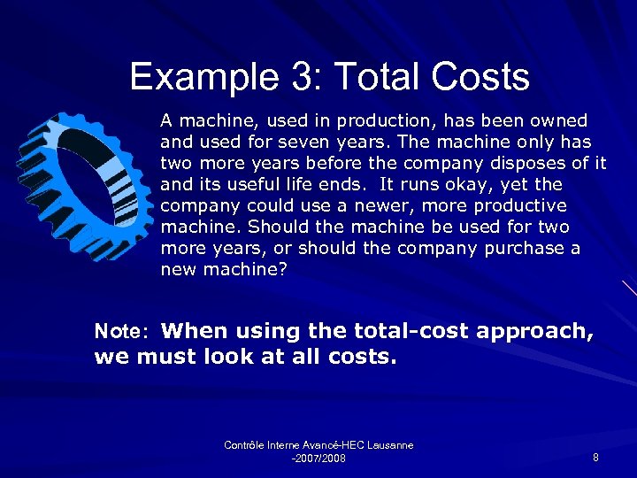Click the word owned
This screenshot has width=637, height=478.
point(559,120)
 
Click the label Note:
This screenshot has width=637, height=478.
point(125,332)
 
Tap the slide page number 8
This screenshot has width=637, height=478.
point(595,458)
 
